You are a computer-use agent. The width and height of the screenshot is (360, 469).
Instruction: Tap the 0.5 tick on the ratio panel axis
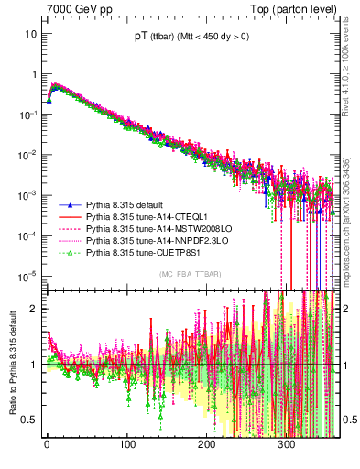(30, 420)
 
